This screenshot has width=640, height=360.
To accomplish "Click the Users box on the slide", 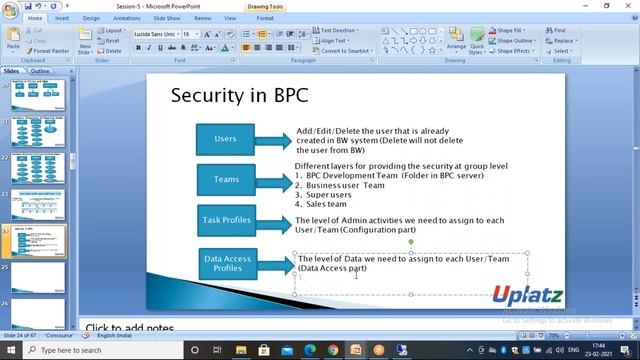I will coord(225,138).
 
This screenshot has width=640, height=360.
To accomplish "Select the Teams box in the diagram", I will coord(226,180).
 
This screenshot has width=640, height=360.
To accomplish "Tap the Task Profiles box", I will coord(226,219).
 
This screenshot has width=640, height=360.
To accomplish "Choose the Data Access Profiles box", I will coord(227,263).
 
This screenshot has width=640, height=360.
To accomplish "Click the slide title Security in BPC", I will coord(239,96).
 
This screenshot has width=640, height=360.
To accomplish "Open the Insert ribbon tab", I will coord(62,18).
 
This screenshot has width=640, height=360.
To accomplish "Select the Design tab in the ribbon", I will coord(91,18).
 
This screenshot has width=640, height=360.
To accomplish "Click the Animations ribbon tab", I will coord(126,18).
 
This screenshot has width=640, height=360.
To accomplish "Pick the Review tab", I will coord(202,18).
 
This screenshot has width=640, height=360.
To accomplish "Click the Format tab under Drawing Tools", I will coord(265,18).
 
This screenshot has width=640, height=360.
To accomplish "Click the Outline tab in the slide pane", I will coord(40,72).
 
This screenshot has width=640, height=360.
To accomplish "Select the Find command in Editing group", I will coord(557,30).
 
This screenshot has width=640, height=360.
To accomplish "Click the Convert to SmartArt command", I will coord(345,51).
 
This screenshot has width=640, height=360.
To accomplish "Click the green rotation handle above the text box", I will coord(411,241).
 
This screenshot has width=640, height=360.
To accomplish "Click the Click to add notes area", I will coord(130,328).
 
